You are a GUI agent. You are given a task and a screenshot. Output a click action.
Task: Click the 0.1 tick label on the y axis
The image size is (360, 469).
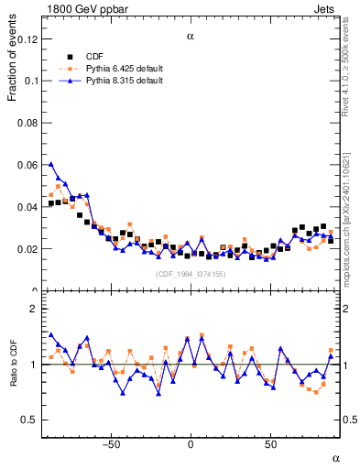[31, 80]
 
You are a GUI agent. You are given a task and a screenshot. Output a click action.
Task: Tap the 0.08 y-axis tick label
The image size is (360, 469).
[28, 122]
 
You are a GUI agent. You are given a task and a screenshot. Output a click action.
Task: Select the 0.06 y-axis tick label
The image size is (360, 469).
[28, 164]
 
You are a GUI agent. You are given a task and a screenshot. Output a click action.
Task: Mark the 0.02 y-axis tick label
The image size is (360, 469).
[28, 249]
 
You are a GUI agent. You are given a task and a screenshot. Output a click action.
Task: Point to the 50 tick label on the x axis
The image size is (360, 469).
[271, 444]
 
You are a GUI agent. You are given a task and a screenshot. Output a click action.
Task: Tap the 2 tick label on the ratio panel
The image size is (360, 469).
[36, 309]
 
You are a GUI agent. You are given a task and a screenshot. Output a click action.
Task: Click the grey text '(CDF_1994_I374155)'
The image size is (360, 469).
[190, 274]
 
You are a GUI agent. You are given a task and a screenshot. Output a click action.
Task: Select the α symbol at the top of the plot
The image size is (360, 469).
[191, 36]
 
